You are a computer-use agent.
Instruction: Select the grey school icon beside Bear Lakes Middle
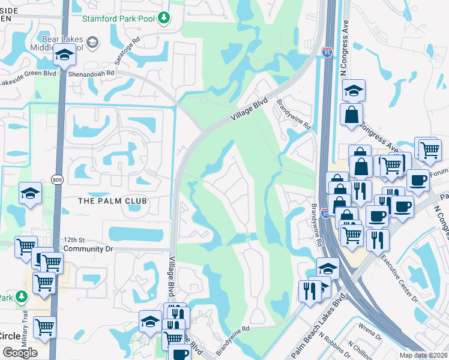(92, 42)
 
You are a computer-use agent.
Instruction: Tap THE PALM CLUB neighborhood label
(112, 200)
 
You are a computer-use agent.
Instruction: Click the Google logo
(20, 353)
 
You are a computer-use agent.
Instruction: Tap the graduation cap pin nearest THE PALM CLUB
(30, 193)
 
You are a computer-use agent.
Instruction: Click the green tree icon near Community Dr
(22, 297)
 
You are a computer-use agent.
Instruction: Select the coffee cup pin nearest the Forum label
(418, 179)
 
